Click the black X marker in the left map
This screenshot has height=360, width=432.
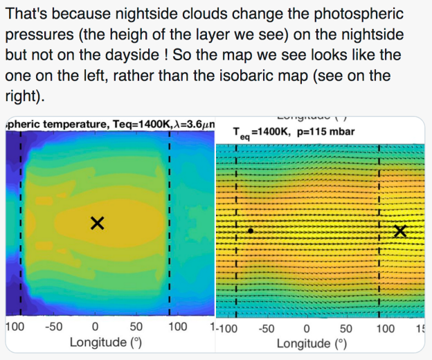pos(98,222)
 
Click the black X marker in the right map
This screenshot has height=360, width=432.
pos(399,231)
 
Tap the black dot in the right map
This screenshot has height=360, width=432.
pos(251,231)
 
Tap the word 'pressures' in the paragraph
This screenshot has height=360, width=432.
pos(37,35)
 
